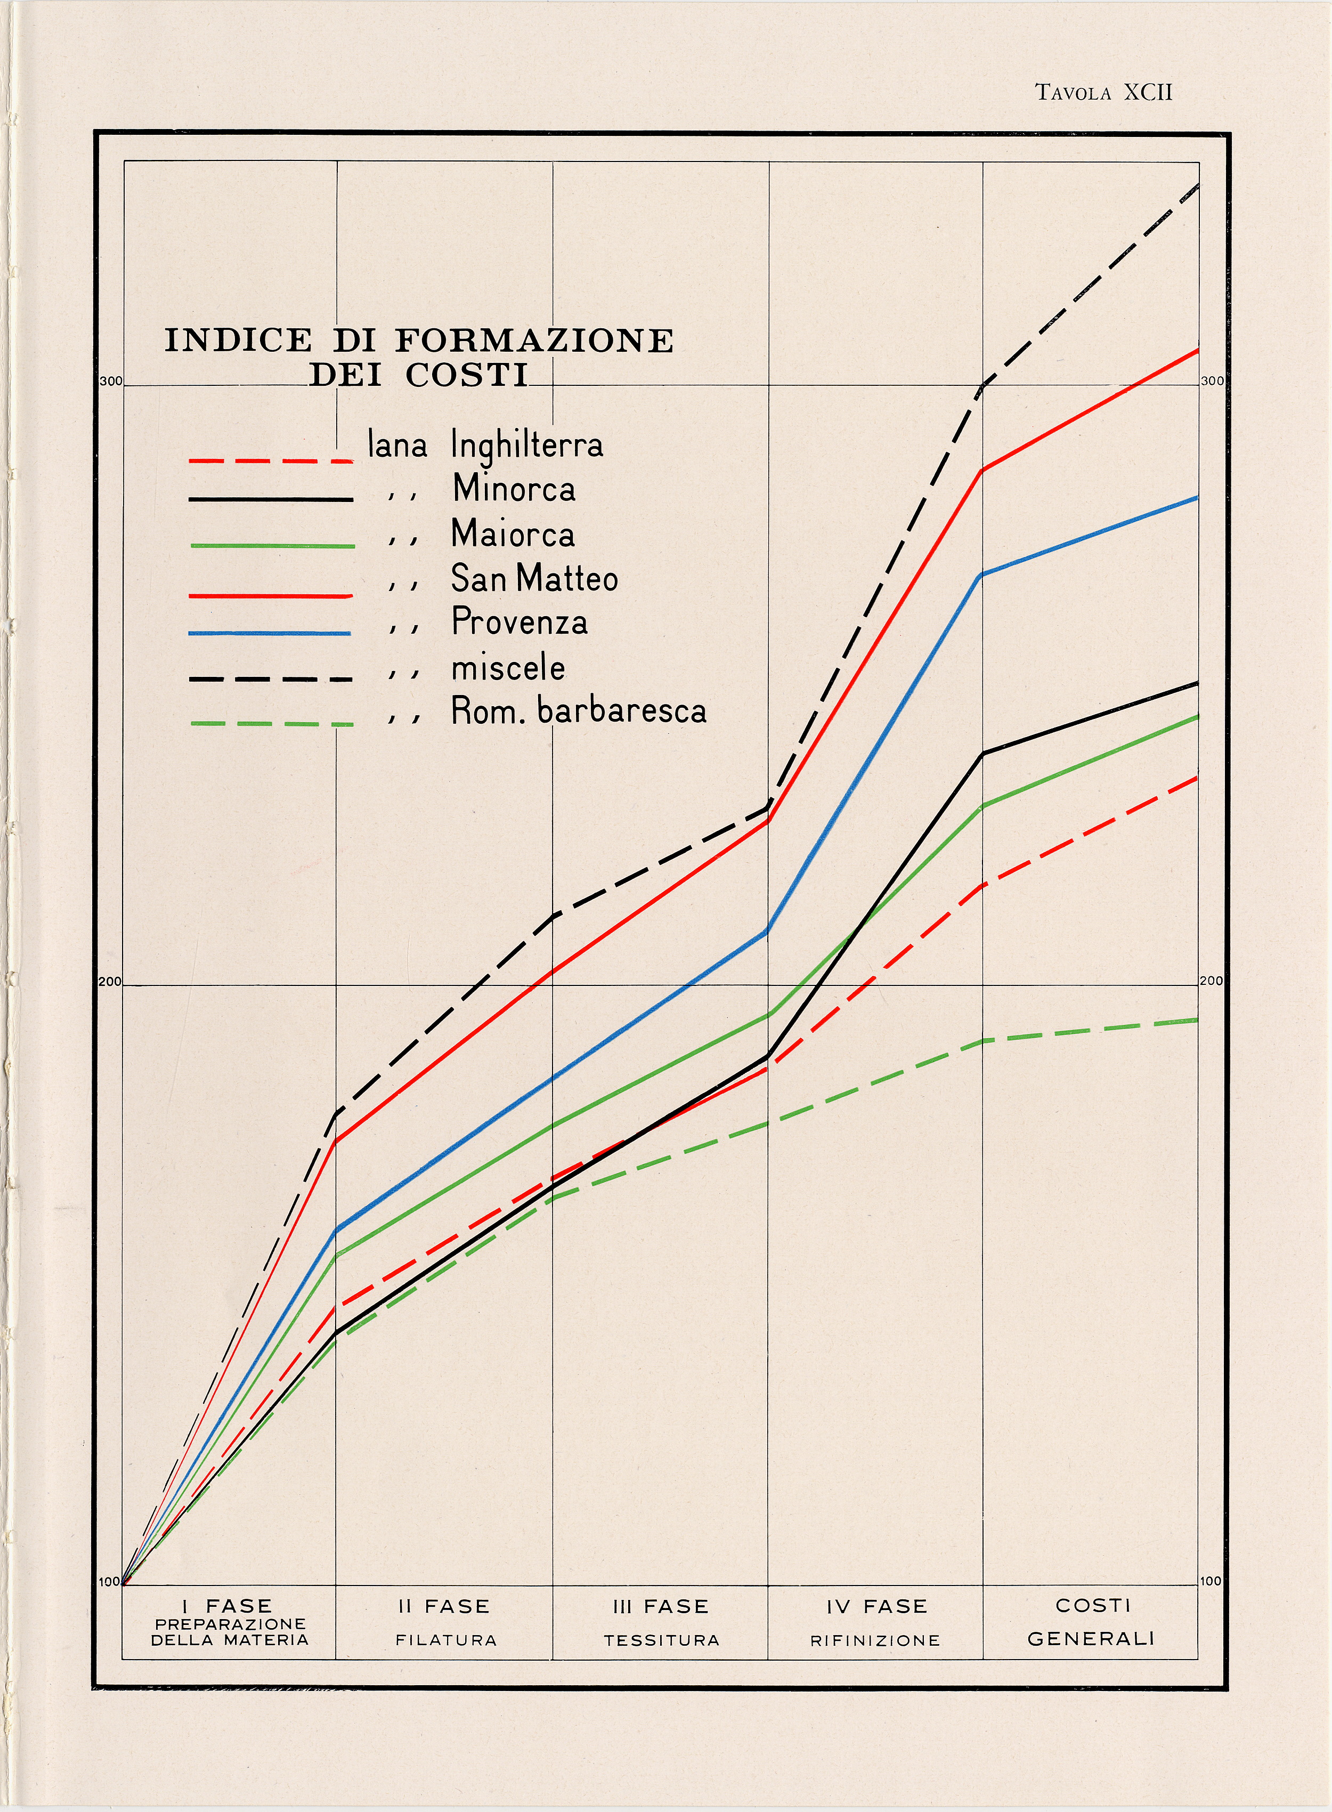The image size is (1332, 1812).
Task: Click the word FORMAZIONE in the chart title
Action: (x=534, y=341)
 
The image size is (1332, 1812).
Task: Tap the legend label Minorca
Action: (x=514, y=489)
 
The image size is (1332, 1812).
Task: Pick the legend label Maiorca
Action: (x=513, y=534)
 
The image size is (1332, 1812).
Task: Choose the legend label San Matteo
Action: (x=534, y=578)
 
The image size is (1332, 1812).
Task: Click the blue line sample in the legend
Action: (x=270, y=633)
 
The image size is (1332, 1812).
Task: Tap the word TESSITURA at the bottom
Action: (x=661, y=1639)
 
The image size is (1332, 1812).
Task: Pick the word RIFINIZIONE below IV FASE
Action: (x=875, y=1639)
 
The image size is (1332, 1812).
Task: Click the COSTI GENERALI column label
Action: (x=1091, y=1621)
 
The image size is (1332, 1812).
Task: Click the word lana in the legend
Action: (x=397, y=445)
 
